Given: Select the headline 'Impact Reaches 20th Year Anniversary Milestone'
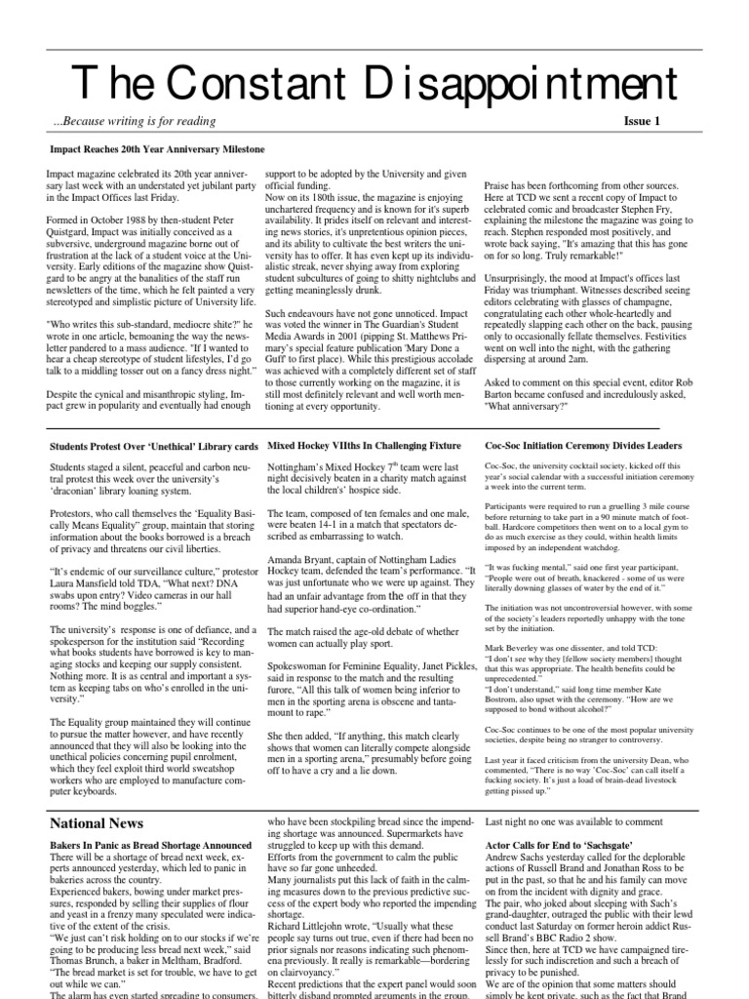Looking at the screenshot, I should coord(157,149).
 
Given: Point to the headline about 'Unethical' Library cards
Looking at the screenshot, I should coord(153,446).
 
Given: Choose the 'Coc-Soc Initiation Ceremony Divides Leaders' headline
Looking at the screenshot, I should coord(584,446).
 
